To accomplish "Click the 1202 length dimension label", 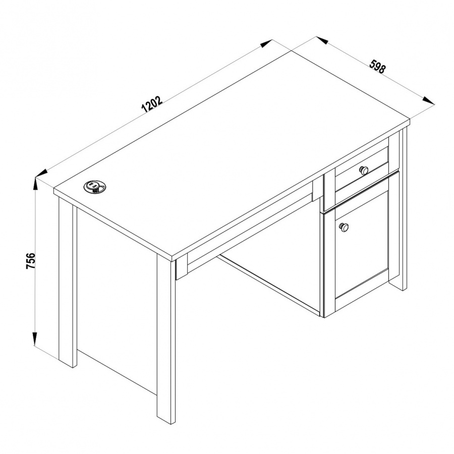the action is [152, 104].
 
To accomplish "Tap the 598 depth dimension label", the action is [377, 67].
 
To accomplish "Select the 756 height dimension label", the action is [31, 261].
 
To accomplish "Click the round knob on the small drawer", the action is [364, 170].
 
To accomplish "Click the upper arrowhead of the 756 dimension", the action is [35, 184].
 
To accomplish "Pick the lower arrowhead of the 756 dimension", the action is [34, 338].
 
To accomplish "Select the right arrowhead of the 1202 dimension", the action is [266, 43].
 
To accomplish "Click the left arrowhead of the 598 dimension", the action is [322, 40].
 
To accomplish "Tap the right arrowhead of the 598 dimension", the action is [428, 100].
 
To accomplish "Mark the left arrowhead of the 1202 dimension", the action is [41, 173].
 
